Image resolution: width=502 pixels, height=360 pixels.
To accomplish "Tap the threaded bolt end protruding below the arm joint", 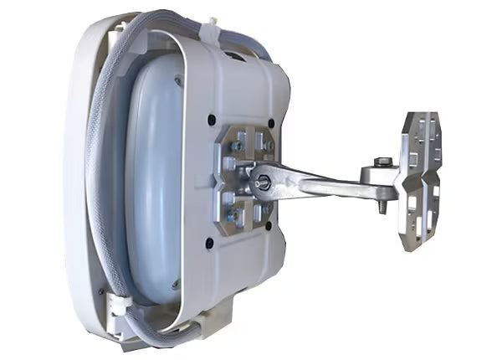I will pyautogui.click(x=383, y=206).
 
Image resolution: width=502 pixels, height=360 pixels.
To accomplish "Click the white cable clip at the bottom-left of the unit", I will pyautogui.click(x=117, y=307).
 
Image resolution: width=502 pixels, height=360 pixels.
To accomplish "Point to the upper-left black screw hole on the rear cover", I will pyautogui.click(x=212, y=118).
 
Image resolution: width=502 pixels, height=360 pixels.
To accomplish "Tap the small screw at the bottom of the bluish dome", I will pyautogui.click(x=176, y=285).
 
